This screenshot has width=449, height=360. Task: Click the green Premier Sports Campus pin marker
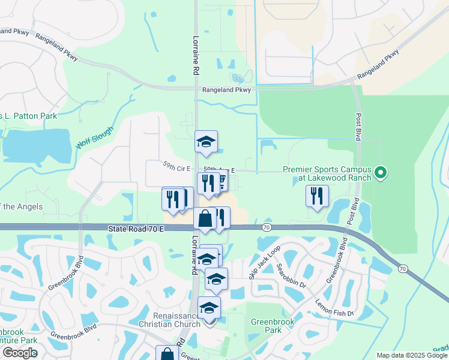coord(380,174)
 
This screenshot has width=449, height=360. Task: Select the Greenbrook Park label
coord(273,326)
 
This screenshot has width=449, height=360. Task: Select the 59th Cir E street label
coord(176,169)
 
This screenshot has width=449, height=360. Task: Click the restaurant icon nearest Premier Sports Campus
coord(316,196)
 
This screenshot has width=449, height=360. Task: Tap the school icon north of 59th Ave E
coord(206,142)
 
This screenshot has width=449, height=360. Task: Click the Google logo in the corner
coord(20,353)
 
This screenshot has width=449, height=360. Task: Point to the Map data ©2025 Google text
coord(411,355)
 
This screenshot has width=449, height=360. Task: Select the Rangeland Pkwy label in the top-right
coord(378,65)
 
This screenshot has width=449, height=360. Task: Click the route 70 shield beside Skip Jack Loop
coord(265,227)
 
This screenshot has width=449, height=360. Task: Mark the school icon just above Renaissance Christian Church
coord(209,307)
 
